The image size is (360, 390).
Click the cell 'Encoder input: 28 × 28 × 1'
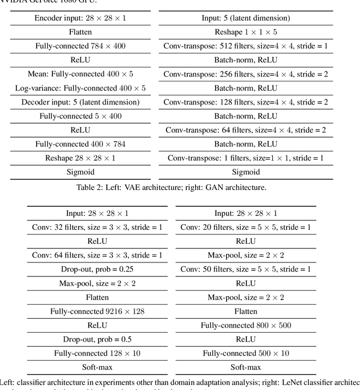[80, 18]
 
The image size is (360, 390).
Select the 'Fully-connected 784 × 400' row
[80, 46]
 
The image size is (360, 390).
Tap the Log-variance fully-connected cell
[80, 88]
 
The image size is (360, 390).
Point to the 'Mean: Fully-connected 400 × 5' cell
[80, 74]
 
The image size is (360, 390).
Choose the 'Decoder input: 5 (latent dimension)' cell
[80, 102]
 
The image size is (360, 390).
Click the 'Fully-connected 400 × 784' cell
[80, 144]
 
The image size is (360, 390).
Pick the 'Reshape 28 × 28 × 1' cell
[80, 158]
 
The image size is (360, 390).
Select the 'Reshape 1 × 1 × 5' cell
[246, 32]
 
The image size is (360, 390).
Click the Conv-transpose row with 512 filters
[246, 46]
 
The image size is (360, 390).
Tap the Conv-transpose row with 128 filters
[246, 102]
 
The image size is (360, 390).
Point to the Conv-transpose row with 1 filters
[246, 158]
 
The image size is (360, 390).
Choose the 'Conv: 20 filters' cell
[246, 227]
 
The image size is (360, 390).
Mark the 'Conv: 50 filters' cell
[246, 269]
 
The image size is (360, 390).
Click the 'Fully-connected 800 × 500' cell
[246, 325]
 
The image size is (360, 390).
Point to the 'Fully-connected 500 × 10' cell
[246, 353]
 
